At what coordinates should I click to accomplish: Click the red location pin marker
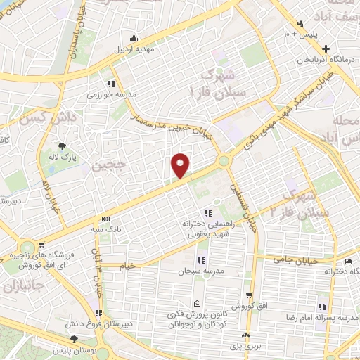[x=181, y=165]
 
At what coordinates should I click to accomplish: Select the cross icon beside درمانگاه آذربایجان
[x=325, y=49]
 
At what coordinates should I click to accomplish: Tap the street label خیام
[x=127, y=266]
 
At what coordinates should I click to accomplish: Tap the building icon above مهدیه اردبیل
[x=134, y=37]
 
